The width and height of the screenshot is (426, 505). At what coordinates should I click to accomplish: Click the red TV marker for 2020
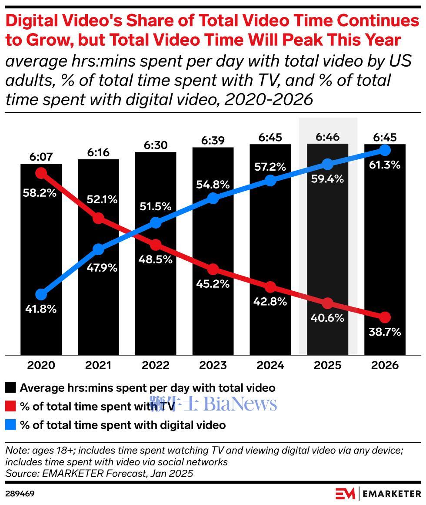pos(41,173)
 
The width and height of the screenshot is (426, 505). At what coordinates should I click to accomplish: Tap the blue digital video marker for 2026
pos(385,150)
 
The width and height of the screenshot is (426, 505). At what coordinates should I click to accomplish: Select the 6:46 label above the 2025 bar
pos(327,138)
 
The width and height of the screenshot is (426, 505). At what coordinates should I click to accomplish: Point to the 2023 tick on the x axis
pos(213,365)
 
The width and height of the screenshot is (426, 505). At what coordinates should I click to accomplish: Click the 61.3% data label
pos(385,165)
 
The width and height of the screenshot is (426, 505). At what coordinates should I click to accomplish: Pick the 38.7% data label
pos(385,332)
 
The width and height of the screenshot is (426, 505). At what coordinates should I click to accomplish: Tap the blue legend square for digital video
pos(11,425)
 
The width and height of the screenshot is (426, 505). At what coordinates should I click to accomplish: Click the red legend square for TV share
pos(11,406)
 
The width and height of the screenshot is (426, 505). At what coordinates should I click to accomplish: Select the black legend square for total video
pos(11,387)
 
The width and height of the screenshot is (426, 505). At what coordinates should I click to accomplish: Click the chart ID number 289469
pos(20,494)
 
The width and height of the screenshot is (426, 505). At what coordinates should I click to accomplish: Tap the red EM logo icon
pos(345,494)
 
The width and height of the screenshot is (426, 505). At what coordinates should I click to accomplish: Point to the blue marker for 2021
pos(98,249)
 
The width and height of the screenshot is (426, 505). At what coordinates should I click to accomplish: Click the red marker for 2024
pos(270,287)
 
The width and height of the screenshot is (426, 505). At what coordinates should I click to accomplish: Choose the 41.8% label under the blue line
pos(41,310)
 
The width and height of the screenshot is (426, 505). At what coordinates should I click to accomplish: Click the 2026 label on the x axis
pos(385,365)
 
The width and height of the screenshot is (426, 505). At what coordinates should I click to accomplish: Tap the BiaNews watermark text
pos(240,404)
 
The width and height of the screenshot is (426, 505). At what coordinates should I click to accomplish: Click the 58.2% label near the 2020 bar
pos(41,192)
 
